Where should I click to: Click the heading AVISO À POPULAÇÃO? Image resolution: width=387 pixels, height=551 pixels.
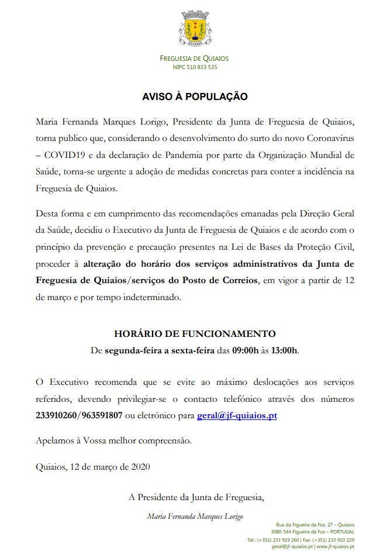tap(195, 96)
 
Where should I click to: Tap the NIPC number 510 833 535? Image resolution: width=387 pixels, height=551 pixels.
tap(195, 67)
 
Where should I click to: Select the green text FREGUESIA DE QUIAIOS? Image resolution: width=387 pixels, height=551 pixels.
tap(195, 58)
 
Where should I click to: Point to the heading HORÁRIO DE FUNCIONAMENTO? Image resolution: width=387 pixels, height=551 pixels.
tap(195, 334)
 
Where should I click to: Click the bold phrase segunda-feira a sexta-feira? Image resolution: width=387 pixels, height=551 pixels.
tap(159, 351)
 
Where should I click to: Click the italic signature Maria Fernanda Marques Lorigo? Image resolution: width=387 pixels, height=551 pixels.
tap(195, 516)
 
